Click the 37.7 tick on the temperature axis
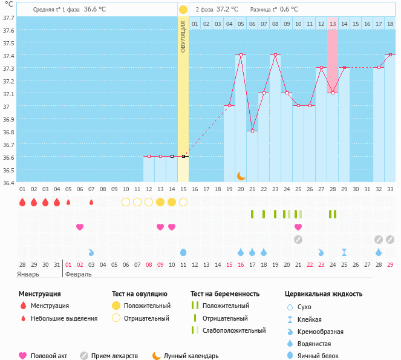[8, 18]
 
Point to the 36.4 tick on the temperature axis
[8, 182]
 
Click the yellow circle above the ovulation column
[183, 10]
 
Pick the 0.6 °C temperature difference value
[289, 10]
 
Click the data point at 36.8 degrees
[253, 131]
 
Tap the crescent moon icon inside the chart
[241, 175]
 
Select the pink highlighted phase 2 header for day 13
[333, 24]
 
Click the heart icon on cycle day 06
[80, 227]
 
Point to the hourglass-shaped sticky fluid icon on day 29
[344, 252]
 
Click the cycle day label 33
[390, 189]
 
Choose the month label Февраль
[78, 274]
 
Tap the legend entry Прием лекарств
[114, 356]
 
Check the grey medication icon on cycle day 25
[298, 240]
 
